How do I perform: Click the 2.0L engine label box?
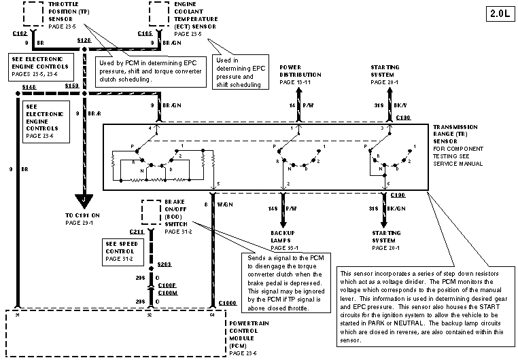tap(499, 13)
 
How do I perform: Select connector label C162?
tap(20, 33)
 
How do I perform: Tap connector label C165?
tap(145, 33)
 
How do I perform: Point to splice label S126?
tap(84, 41)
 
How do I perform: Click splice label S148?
tap(29, 88)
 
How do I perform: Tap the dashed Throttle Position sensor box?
tap(34, 12)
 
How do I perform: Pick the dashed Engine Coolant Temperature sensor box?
tap(159, 12)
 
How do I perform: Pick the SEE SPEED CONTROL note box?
tap(120, 250)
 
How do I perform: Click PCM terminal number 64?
tap(212, 314)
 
